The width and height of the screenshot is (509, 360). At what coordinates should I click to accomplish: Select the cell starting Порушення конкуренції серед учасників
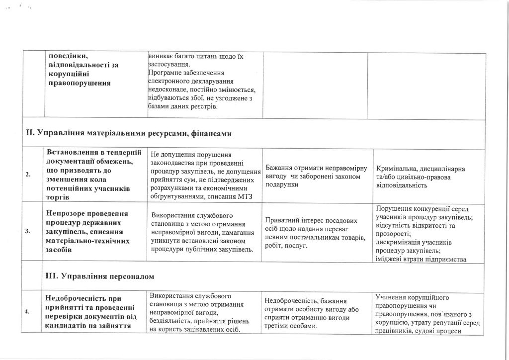pyautogui.click(x=426, y=232)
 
